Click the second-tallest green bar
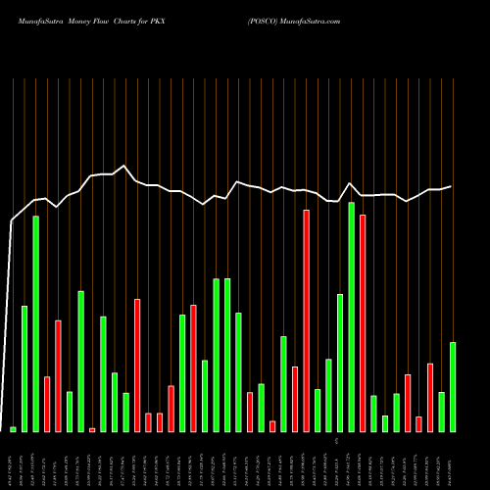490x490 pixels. point(36,323)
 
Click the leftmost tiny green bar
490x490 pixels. point(14,429)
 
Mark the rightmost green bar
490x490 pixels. point(453,386)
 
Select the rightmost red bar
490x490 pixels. point(430,397)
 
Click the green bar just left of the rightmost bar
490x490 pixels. point(442,412)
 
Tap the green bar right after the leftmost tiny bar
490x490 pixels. point(24,368)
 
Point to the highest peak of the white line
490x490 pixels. point(123,166)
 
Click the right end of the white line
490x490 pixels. point(452,186)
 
